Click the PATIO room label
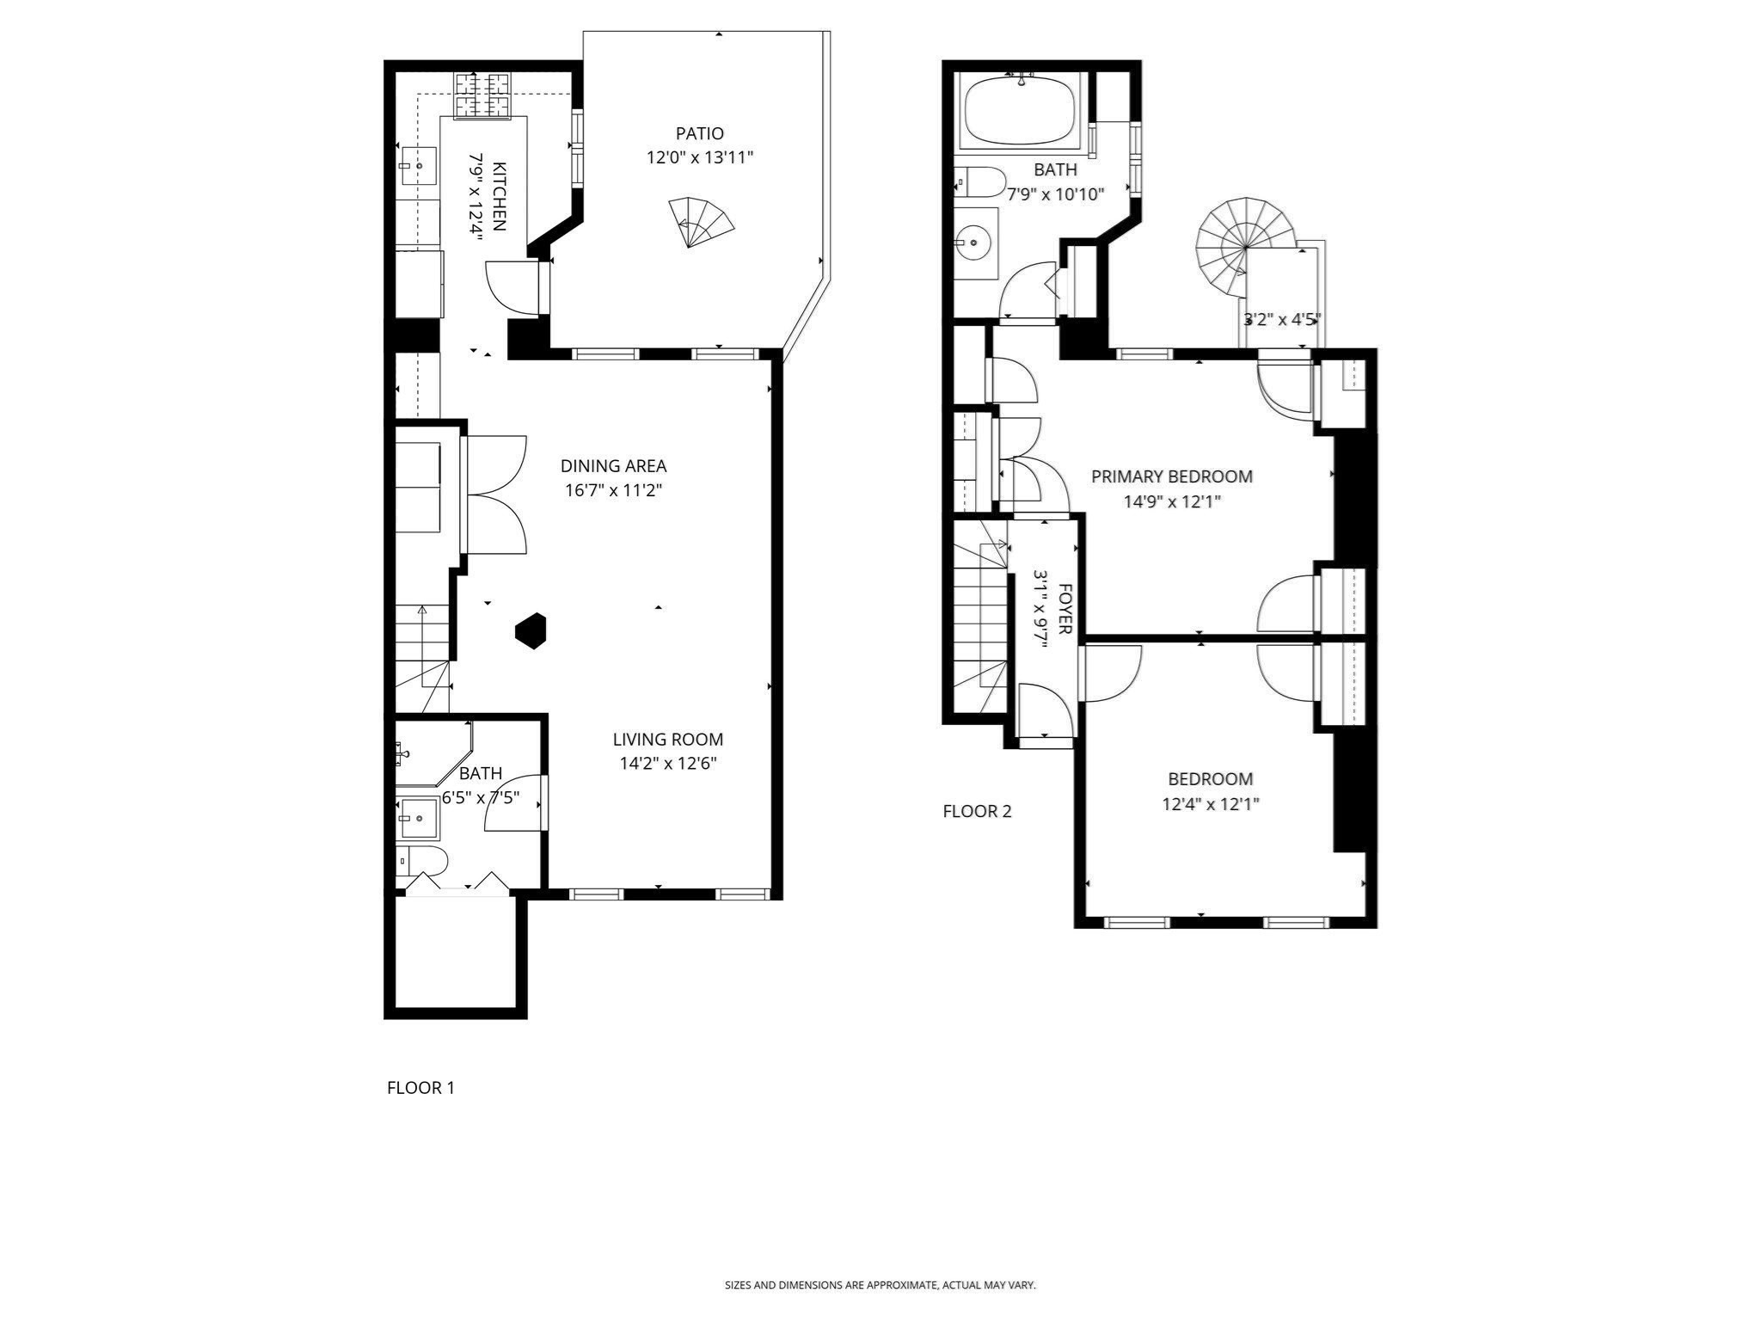699,133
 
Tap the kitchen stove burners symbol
482,95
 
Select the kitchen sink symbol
419,165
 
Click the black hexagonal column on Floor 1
531,630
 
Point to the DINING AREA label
613,466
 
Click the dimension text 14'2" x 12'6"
668,764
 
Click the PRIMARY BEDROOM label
1171,476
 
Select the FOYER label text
1065,609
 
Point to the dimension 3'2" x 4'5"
1282,320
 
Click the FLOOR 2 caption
977,811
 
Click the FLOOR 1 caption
420,1088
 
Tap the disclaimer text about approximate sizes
880,1285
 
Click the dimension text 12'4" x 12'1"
1210,804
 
